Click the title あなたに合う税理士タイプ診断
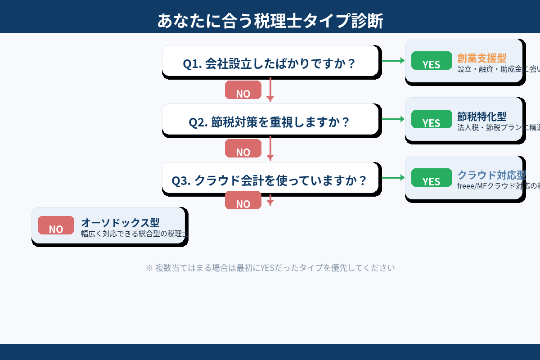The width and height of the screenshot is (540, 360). coord(270,21)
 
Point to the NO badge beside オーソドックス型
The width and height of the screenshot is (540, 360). coord(56,225)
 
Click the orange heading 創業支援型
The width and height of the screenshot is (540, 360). coord(482,58)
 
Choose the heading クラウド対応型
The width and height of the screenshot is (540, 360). coord(491,175)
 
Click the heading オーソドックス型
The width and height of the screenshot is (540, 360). coord(120,222)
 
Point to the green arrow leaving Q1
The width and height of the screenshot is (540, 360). coord(392,61)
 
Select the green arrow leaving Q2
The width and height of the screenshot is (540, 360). coord(392,119)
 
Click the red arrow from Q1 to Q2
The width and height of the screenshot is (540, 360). coord(270,90)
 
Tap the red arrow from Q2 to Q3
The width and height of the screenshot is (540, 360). coord(270,148)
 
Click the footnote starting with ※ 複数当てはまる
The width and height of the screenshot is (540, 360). coord(270,268)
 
